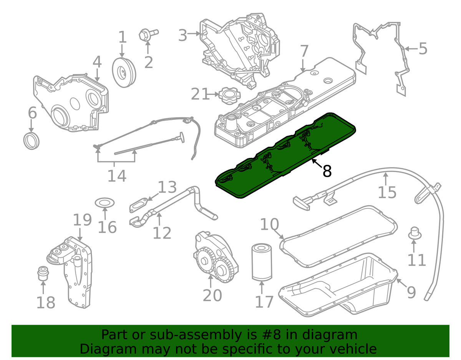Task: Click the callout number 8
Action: coord(327,171)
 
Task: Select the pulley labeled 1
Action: coord(124,72)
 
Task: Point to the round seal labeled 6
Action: coord(32,141)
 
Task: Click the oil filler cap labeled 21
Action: coord(230,96)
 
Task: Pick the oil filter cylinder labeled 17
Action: coord(262,263)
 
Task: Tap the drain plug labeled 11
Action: coord(415,233)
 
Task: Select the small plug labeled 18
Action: coord(43,273)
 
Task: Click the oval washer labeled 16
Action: coord(104,202)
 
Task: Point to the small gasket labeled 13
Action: coord(138,205)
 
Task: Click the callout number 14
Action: coord(117,176)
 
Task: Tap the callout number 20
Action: coord(212,295)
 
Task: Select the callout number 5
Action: coord(423,48)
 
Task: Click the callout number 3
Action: coord(182,35)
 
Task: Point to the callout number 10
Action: coord(269,224)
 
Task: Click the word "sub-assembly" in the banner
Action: coord(196,335)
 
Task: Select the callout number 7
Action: coord(304,51)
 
